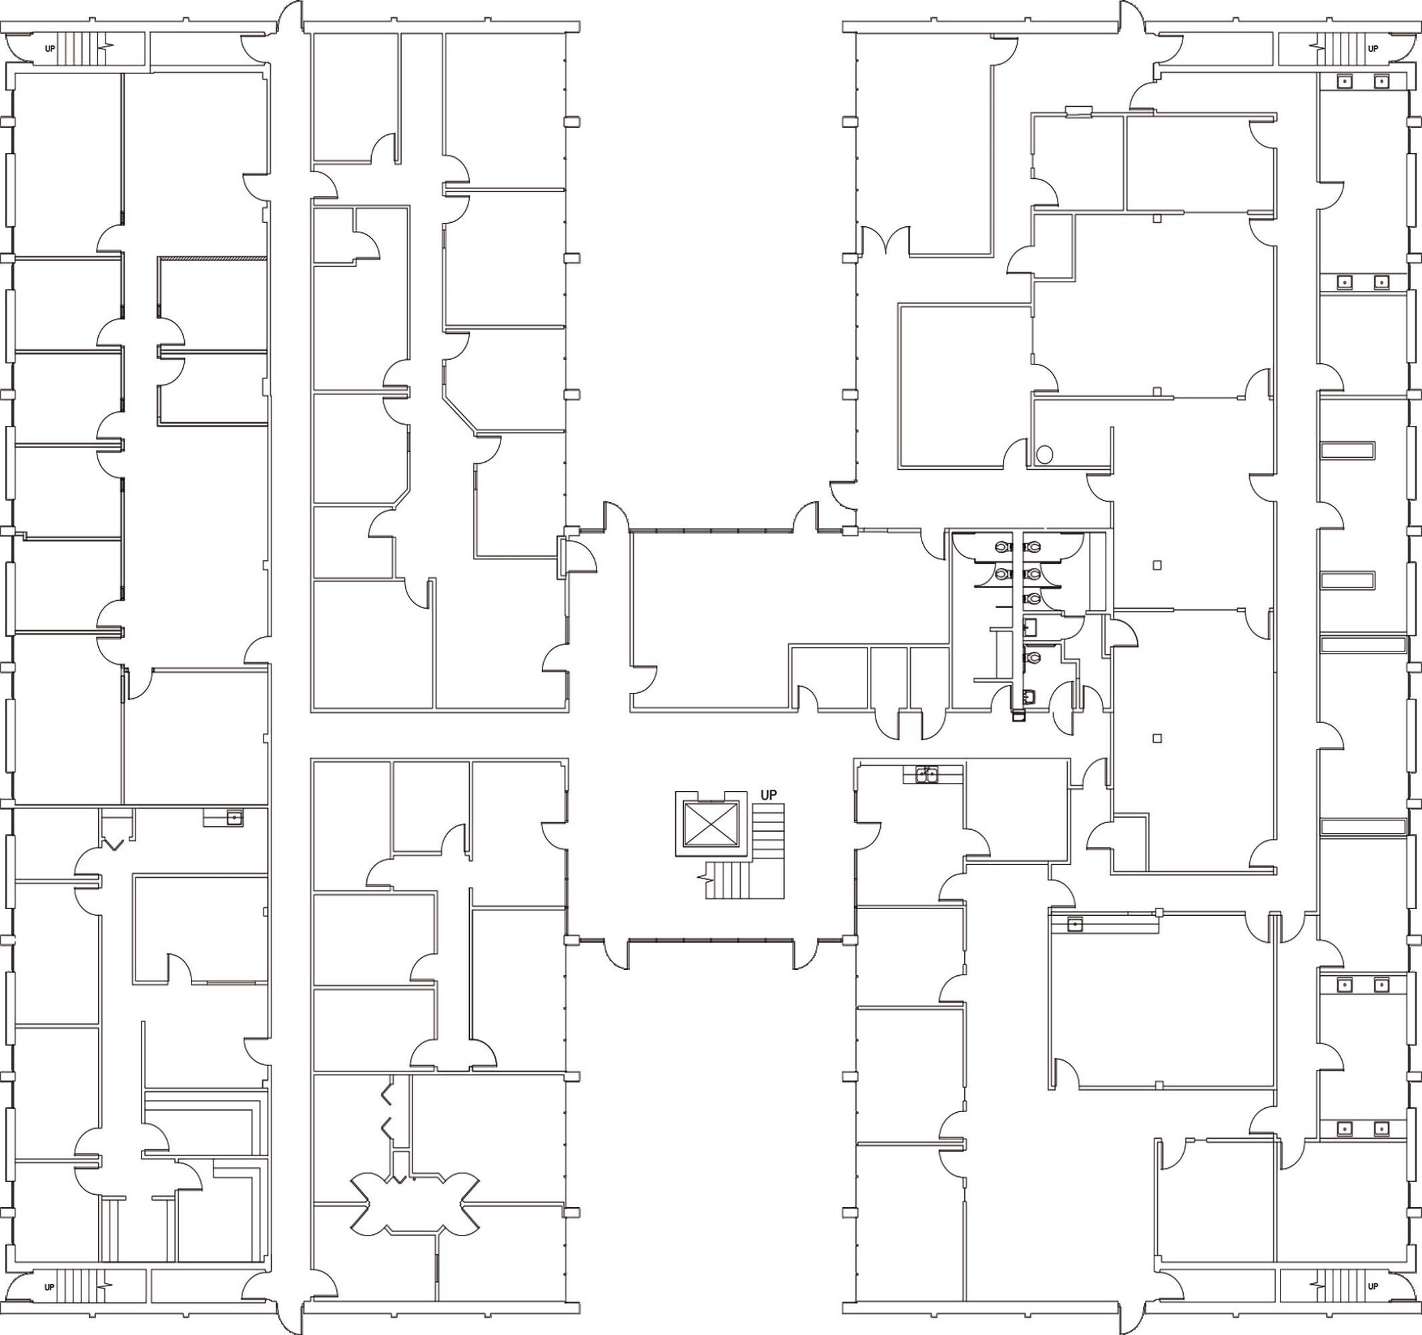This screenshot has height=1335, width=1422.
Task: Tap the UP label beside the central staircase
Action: click(768, 795)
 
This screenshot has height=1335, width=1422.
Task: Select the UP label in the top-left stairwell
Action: click(50, 49)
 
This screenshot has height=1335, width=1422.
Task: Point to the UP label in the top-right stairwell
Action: click(1373, 49)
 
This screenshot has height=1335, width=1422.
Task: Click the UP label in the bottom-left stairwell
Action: click(49, 1286)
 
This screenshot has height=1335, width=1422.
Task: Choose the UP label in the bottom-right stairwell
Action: click(1373, 1286)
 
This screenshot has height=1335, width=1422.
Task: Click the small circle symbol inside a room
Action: click(1044, 453)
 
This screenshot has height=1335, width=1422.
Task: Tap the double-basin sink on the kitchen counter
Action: click(928, 774)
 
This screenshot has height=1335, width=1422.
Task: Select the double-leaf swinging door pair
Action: click(886, 240)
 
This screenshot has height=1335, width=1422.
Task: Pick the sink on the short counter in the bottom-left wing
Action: click(232, 817)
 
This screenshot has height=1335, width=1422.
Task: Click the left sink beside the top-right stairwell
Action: click(1345, 82)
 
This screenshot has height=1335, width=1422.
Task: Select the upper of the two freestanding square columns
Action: click(1157, 565)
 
